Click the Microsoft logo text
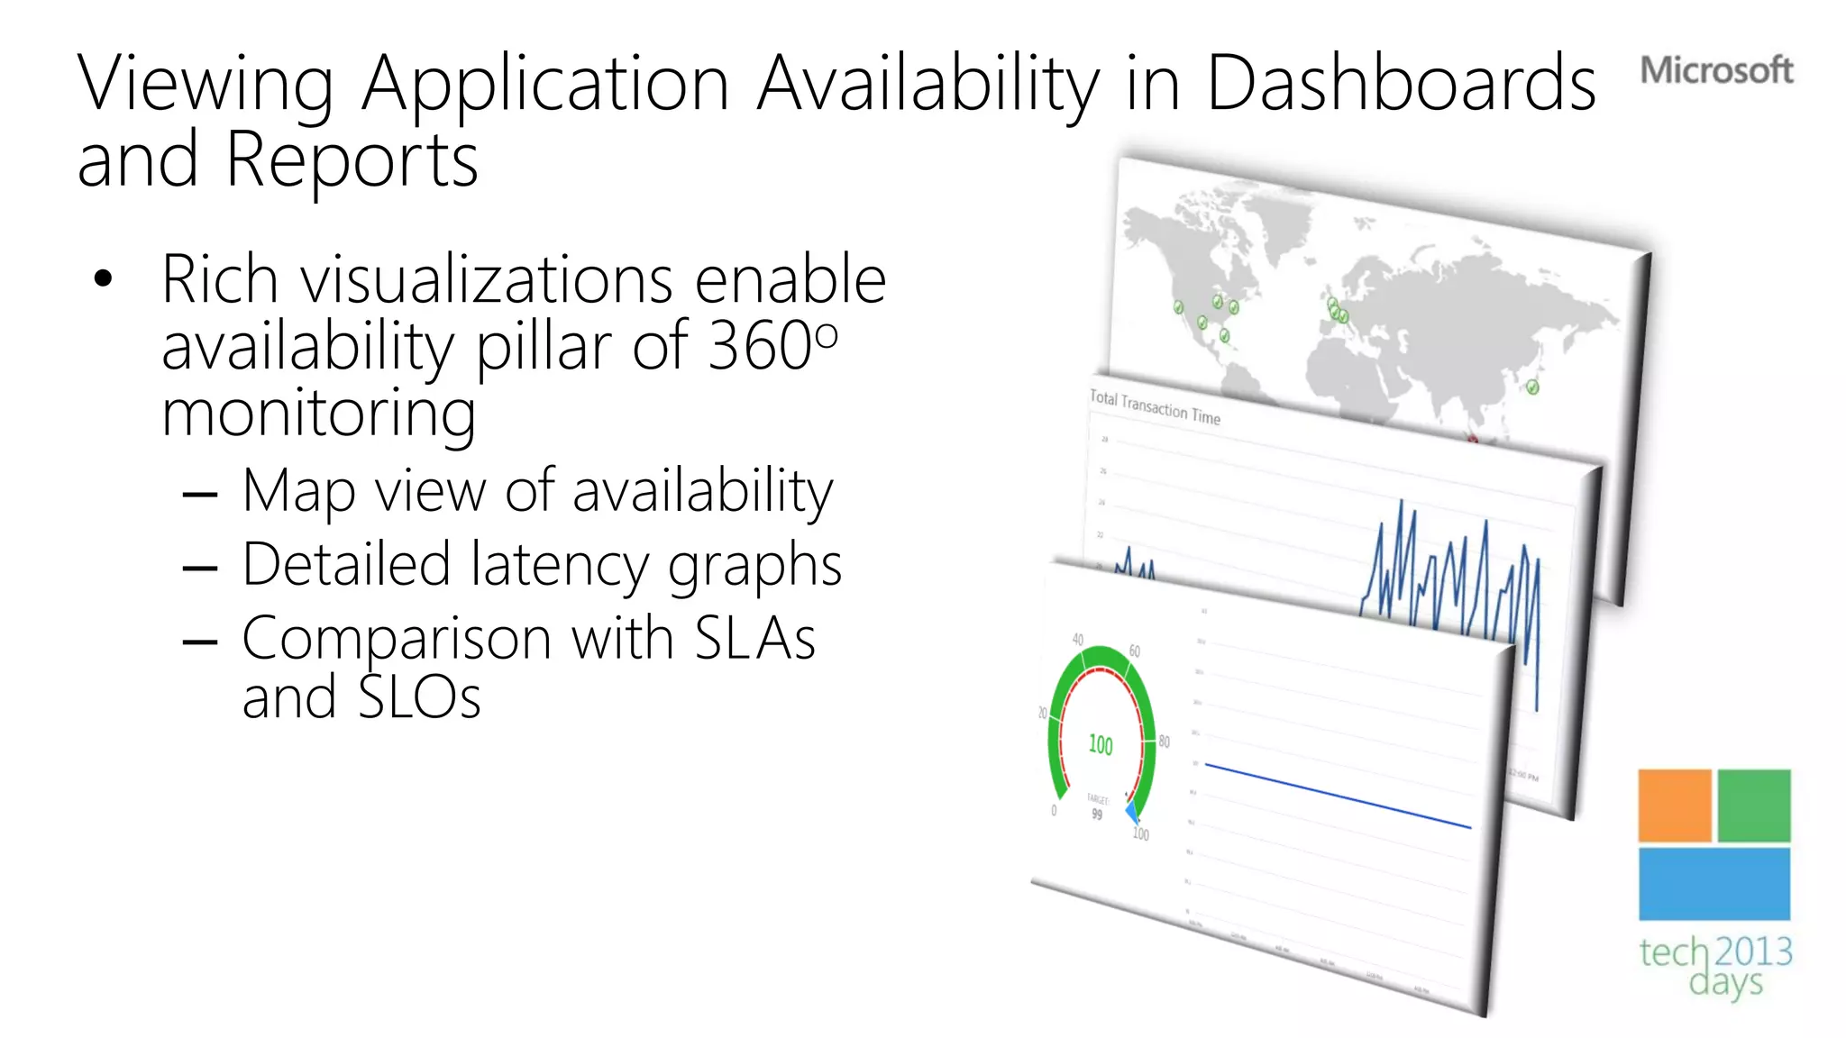click(1715, 70)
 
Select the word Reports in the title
click(352, 160)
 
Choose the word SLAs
click(754, 639)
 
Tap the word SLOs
click(419, 698)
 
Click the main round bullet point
click(104, 279)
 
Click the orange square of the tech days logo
click(1674, 806)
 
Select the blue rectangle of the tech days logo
click(1713, 884)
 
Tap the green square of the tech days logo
click(1753, 806)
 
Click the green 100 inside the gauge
click(1101, 745)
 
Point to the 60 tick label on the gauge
click(1135, 651)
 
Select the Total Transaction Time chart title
click(1155, 407)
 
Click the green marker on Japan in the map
click(1532, 387)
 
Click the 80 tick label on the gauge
click(1165, 742)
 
